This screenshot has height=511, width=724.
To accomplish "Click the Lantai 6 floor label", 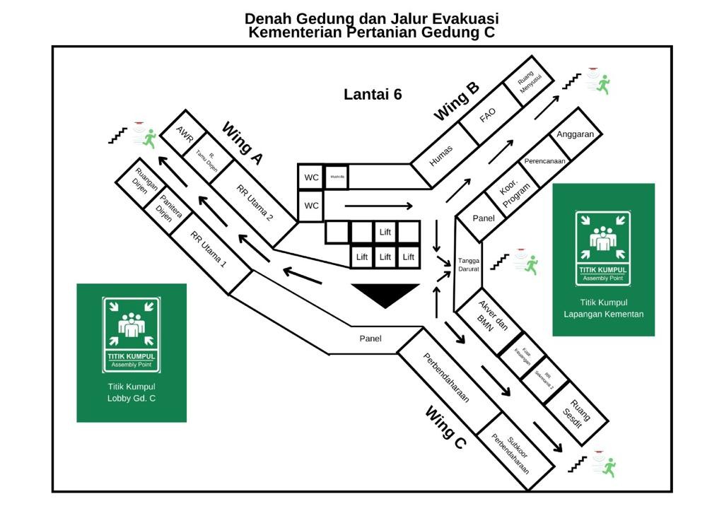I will pyautogui.click(x=373, y=94).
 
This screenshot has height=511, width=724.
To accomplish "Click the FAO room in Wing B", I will pyautogui.click(x=488, y=115).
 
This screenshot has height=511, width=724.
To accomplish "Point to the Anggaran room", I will pyautogui.click(x=575, y=134).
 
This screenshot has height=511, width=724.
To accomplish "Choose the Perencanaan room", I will pyautogui.click(x=544, y=161).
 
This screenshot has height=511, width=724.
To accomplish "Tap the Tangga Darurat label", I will pyautogui.click(x=469, y=264).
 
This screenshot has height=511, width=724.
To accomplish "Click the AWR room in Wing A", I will pyautogui.click(x=185, y=134).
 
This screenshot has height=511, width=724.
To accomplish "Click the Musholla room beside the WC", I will pyautogui.click(x=337, y=177).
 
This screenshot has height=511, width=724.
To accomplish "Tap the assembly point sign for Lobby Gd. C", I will pyautogui.click(x=132, y=334).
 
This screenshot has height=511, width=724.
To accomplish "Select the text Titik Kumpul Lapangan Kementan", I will pyautogui.click(x=603, y=308).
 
